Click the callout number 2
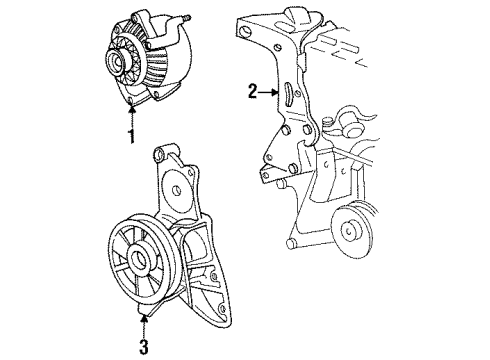tap(253, 93)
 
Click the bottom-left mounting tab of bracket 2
tap(267, 176)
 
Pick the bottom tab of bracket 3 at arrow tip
tap(149, 317)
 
